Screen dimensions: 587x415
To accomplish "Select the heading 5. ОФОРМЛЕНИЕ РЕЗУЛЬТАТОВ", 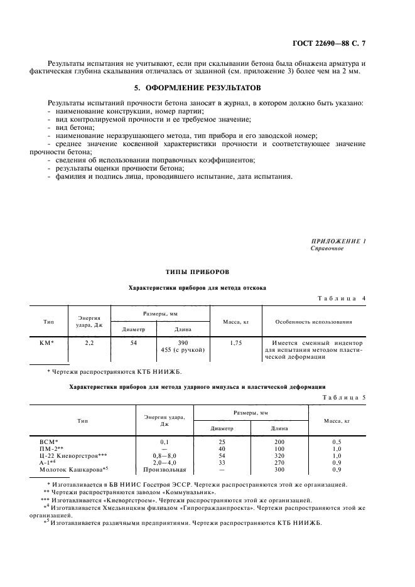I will pyautogui.click(x=207, y=87).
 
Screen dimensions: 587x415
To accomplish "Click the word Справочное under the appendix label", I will pyautogui.click(x=327, y=248).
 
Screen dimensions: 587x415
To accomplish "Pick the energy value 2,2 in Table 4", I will pyautogui.click(x=89, y=343).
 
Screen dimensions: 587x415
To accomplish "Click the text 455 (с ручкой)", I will pyautogui.click(x=183, y=350).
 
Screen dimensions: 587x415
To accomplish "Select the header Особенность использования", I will pyautogui.click(x=313, y=322).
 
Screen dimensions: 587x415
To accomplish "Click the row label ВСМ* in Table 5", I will pyautogui.click(x=48, y=442).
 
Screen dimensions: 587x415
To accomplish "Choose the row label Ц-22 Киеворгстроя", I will pyautogui.click(x=73, y=456).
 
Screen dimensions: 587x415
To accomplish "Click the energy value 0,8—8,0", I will pyautogui.click(x=164, y=456).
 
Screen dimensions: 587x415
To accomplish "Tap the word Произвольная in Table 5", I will pyautogui.click(x=164, y=469).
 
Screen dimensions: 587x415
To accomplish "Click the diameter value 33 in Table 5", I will pyautogui.click(x=222, y=462).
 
